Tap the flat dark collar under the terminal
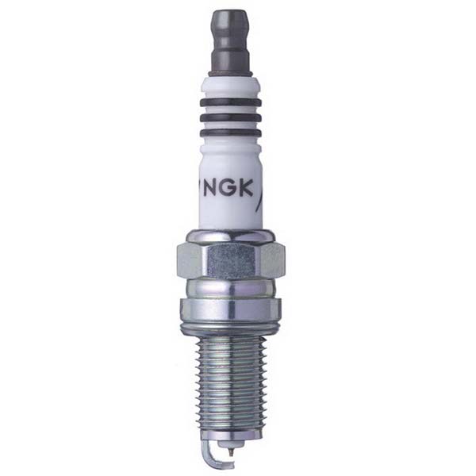coord(231,72)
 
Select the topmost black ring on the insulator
coord(231,102)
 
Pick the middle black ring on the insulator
coord(231,117)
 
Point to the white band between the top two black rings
coord(231,109)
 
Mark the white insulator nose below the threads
coord(231,443)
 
